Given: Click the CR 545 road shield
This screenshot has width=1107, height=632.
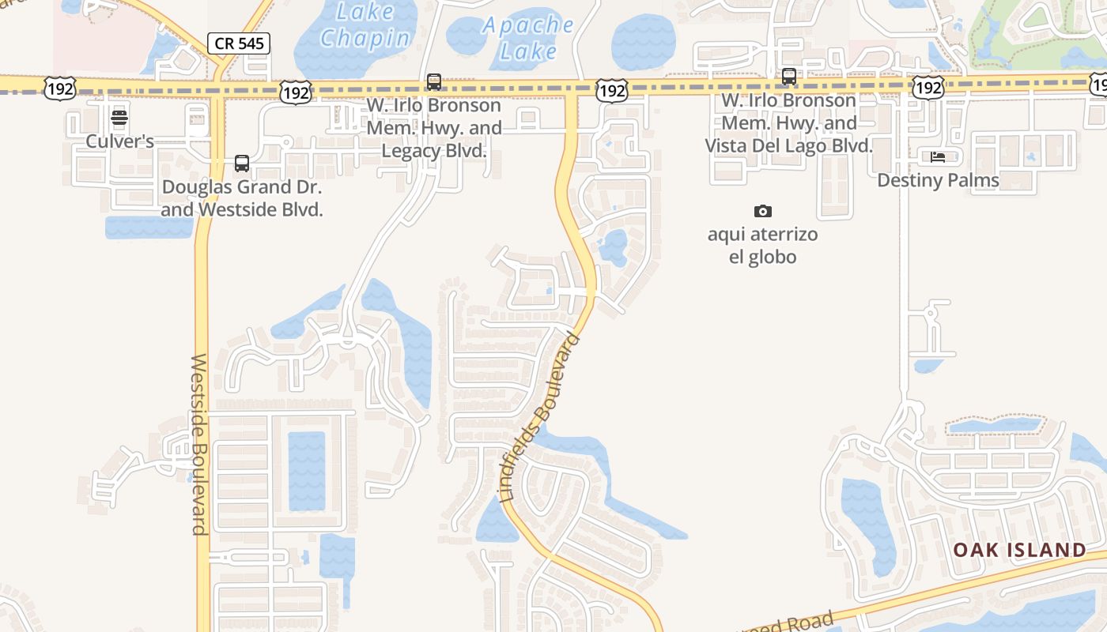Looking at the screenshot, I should pyautogui.click(x=240, y=43).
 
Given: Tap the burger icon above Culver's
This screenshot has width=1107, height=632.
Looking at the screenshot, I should pyautogui.click(x=119, y=118).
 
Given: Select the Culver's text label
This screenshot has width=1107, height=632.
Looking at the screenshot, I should pyautogui.click(x=120, y=141).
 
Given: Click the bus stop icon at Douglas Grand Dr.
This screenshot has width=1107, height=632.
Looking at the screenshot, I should pyautogui.click(x=242, y=164).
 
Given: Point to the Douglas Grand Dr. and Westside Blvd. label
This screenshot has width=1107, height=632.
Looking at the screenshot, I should pyautogui.click(x=242, y=198).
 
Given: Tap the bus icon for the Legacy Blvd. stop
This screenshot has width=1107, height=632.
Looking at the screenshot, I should pyautogui.click(x=434, y=81).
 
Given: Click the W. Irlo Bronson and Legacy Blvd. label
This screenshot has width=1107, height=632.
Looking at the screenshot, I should pyautogui.click(x=434, y=127).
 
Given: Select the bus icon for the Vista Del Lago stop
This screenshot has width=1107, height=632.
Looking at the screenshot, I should pyautogui.click(x=789, y=77).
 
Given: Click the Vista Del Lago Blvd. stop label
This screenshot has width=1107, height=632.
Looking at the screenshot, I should pyautogui.click(x=789, y=123).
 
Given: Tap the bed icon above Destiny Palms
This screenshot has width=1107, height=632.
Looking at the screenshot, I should pyautogui.click(x=938, y=156).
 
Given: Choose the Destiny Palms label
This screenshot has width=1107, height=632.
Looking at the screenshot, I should pyautogui.click(x=938, y=180).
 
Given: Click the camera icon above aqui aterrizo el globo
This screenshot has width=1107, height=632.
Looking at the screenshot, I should pyautogui.click(x=763, y=211).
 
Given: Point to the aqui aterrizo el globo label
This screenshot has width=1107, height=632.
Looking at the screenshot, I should pyautogui.click(x=763, y=246).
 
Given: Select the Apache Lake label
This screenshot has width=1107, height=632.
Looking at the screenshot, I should pyautogui.click(x=528, y=38).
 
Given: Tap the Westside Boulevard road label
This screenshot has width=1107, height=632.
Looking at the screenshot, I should pyautogui.click(x=198, y=444).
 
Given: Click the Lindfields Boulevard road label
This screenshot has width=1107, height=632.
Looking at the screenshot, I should pyautogui.click(x=541, y=417).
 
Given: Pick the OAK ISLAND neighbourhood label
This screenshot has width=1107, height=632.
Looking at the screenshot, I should pyautogui.click(x=1019, y=550).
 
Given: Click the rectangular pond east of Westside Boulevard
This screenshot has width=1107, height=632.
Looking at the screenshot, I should pyautogui.click(x=306, y=471).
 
